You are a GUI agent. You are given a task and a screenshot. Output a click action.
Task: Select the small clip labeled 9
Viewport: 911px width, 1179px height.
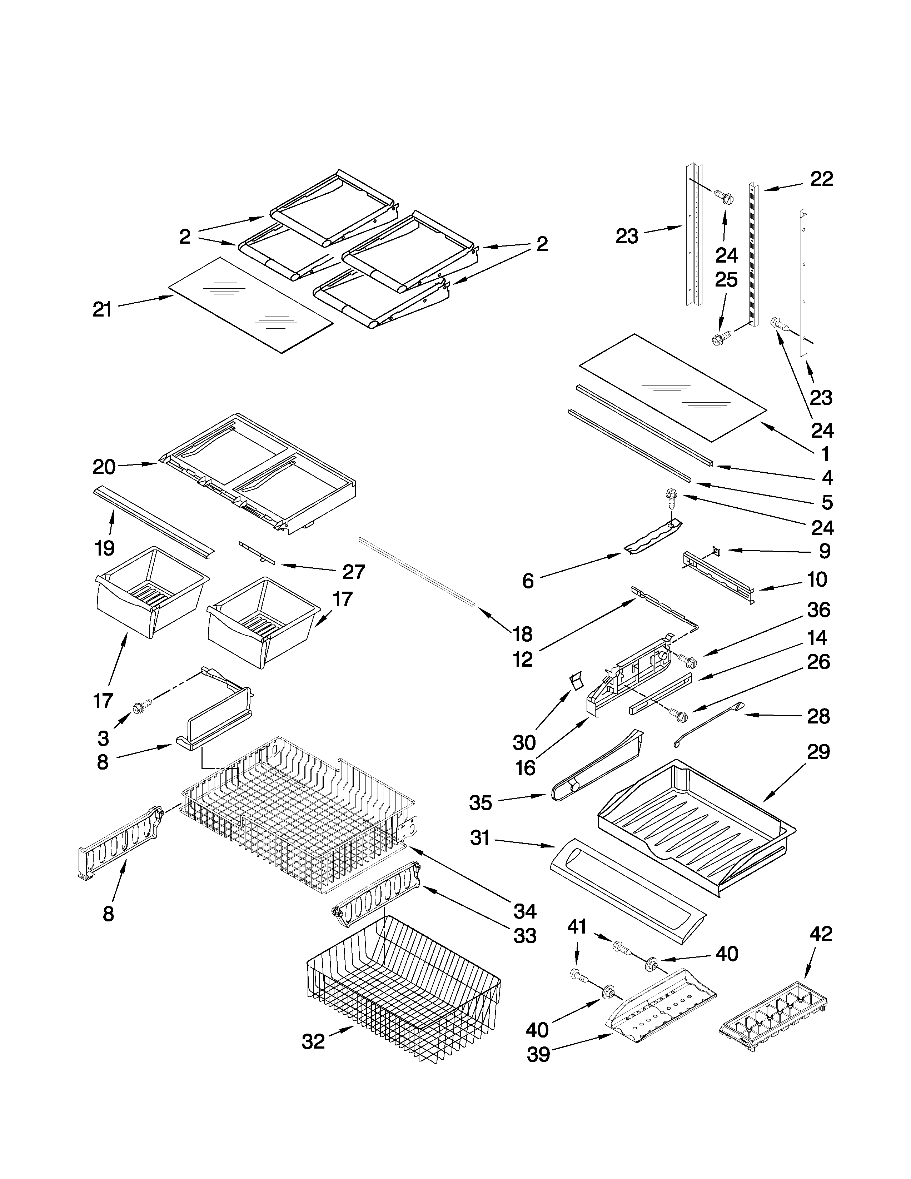coord(716,550)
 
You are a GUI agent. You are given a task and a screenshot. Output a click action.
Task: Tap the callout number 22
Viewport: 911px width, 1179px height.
coord(821,179)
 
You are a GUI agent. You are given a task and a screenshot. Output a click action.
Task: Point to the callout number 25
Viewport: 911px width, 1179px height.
coord(726,280)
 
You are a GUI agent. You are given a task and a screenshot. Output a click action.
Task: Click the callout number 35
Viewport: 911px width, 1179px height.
coord(480,818)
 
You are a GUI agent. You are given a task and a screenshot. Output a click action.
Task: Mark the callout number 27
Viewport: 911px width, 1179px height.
coord(353,572)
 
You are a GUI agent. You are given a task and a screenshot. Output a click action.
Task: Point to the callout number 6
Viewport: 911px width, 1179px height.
coord(528,581)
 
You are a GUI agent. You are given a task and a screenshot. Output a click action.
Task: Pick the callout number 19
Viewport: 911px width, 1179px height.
coord(104,548)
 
